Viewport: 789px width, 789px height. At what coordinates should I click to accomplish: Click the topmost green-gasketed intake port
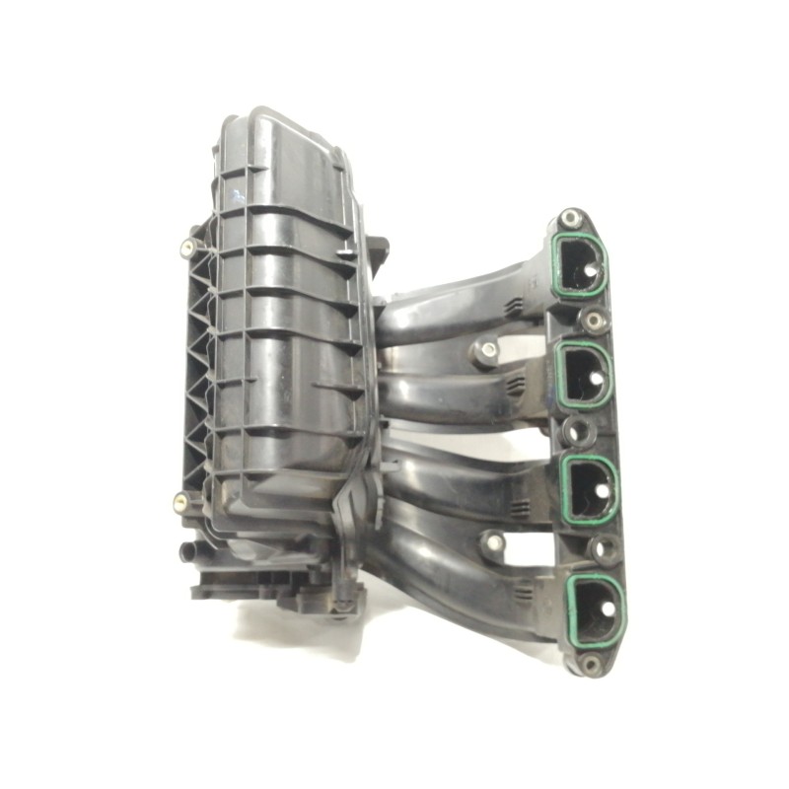579,264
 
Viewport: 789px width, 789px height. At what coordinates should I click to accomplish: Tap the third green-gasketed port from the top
593,489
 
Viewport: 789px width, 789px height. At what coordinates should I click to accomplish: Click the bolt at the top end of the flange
569,218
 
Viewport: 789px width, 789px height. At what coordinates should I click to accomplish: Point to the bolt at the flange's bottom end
591,664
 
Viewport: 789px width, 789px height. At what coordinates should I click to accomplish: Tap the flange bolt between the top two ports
594,321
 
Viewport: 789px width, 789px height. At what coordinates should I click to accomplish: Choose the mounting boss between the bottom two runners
491,542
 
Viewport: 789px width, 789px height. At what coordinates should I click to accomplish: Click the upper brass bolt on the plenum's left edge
187,247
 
